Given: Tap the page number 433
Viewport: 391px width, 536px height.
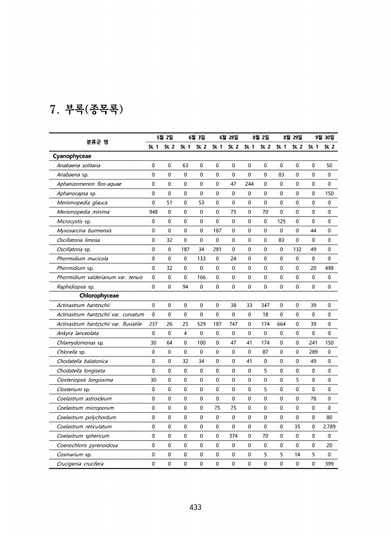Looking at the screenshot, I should coord(195,507).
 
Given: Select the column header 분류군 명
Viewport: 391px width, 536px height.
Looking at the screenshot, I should coord(98,141).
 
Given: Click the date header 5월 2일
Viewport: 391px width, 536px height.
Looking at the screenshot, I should coord(161,137).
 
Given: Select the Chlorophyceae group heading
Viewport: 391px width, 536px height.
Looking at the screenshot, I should coord(101,296).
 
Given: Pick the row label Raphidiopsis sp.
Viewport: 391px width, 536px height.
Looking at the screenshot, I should coord(76,287).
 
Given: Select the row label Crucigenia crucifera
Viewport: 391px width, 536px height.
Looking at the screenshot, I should coord(82,464).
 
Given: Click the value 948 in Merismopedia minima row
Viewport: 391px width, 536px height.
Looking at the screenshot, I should coord(153,212).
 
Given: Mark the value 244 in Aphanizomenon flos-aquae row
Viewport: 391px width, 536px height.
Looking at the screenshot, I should coord(249,184).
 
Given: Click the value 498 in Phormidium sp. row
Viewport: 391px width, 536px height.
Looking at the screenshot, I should coord(328,268).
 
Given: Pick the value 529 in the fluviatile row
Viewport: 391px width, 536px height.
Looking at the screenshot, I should coord(201,324).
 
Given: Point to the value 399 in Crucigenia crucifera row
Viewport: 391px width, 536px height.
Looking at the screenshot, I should coord(328,464).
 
